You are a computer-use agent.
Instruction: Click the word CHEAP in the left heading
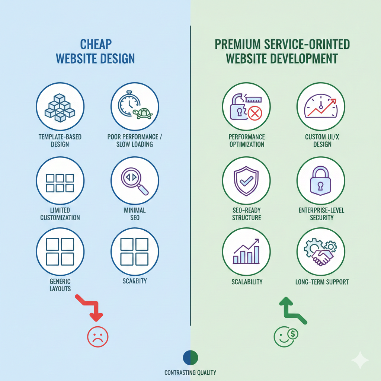point(96,44)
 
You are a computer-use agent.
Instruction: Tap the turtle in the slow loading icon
point(143,113)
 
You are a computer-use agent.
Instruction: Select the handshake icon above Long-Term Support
point(321,256)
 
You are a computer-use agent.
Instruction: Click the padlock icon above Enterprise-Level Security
point(321,181)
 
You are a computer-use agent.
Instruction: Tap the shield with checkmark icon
point(246,181)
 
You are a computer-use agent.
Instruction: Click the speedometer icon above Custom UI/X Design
point(321,107)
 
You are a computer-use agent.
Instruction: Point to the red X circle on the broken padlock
point(254,113)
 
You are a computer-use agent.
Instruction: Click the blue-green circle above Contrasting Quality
point(190,358)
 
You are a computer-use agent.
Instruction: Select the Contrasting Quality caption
point(190,372)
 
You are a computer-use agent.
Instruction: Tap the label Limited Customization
point(60,214)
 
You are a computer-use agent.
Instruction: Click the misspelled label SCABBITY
point(134,281)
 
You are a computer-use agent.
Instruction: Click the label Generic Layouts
point(60,285)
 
